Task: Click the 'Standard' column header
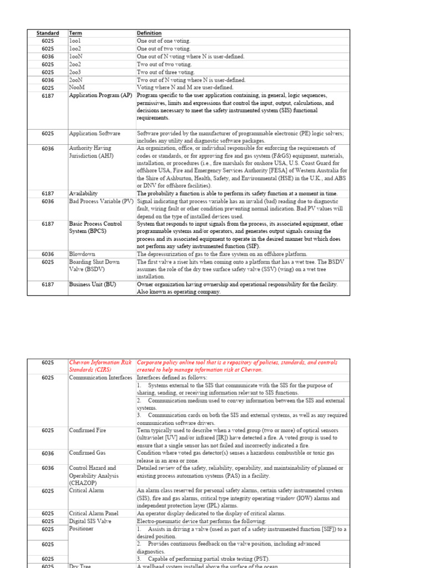48,33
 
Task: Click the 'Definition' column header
149,33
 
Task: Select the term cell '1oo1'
75,41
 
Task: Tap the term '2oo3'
75,72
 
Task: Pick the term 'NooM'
77,88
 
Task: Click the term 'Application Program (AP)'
100,95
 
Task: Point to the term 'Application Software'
94,134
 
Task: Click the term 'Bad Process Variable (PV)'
102,201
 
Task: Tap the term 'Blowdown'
82,254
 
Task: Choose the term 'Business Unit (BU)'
93,285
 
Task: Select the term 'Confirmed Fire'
88,430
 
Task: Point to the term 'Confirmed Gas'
87,453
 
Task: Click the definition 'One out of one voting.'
164,41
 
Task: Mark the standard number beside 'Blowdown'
48,254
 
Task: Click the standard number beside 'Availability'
48,194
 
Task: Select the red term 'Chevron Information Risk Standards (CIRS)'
102,366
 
